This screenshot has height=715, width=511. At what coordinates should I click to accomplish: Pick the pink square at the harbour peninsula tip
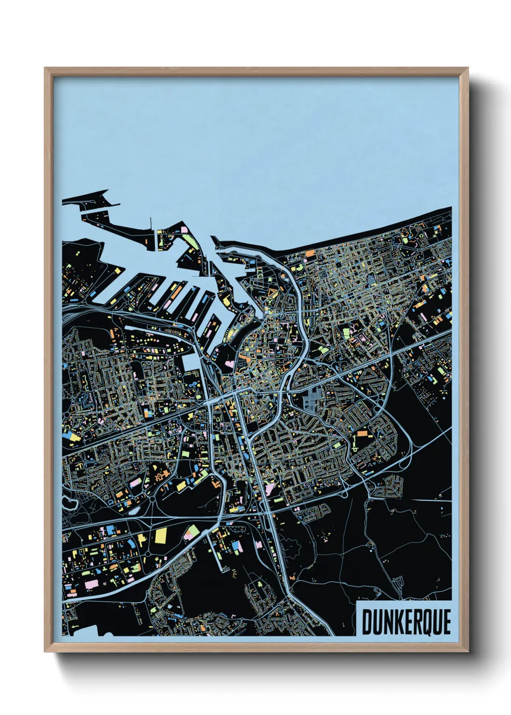coord(184,228)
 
